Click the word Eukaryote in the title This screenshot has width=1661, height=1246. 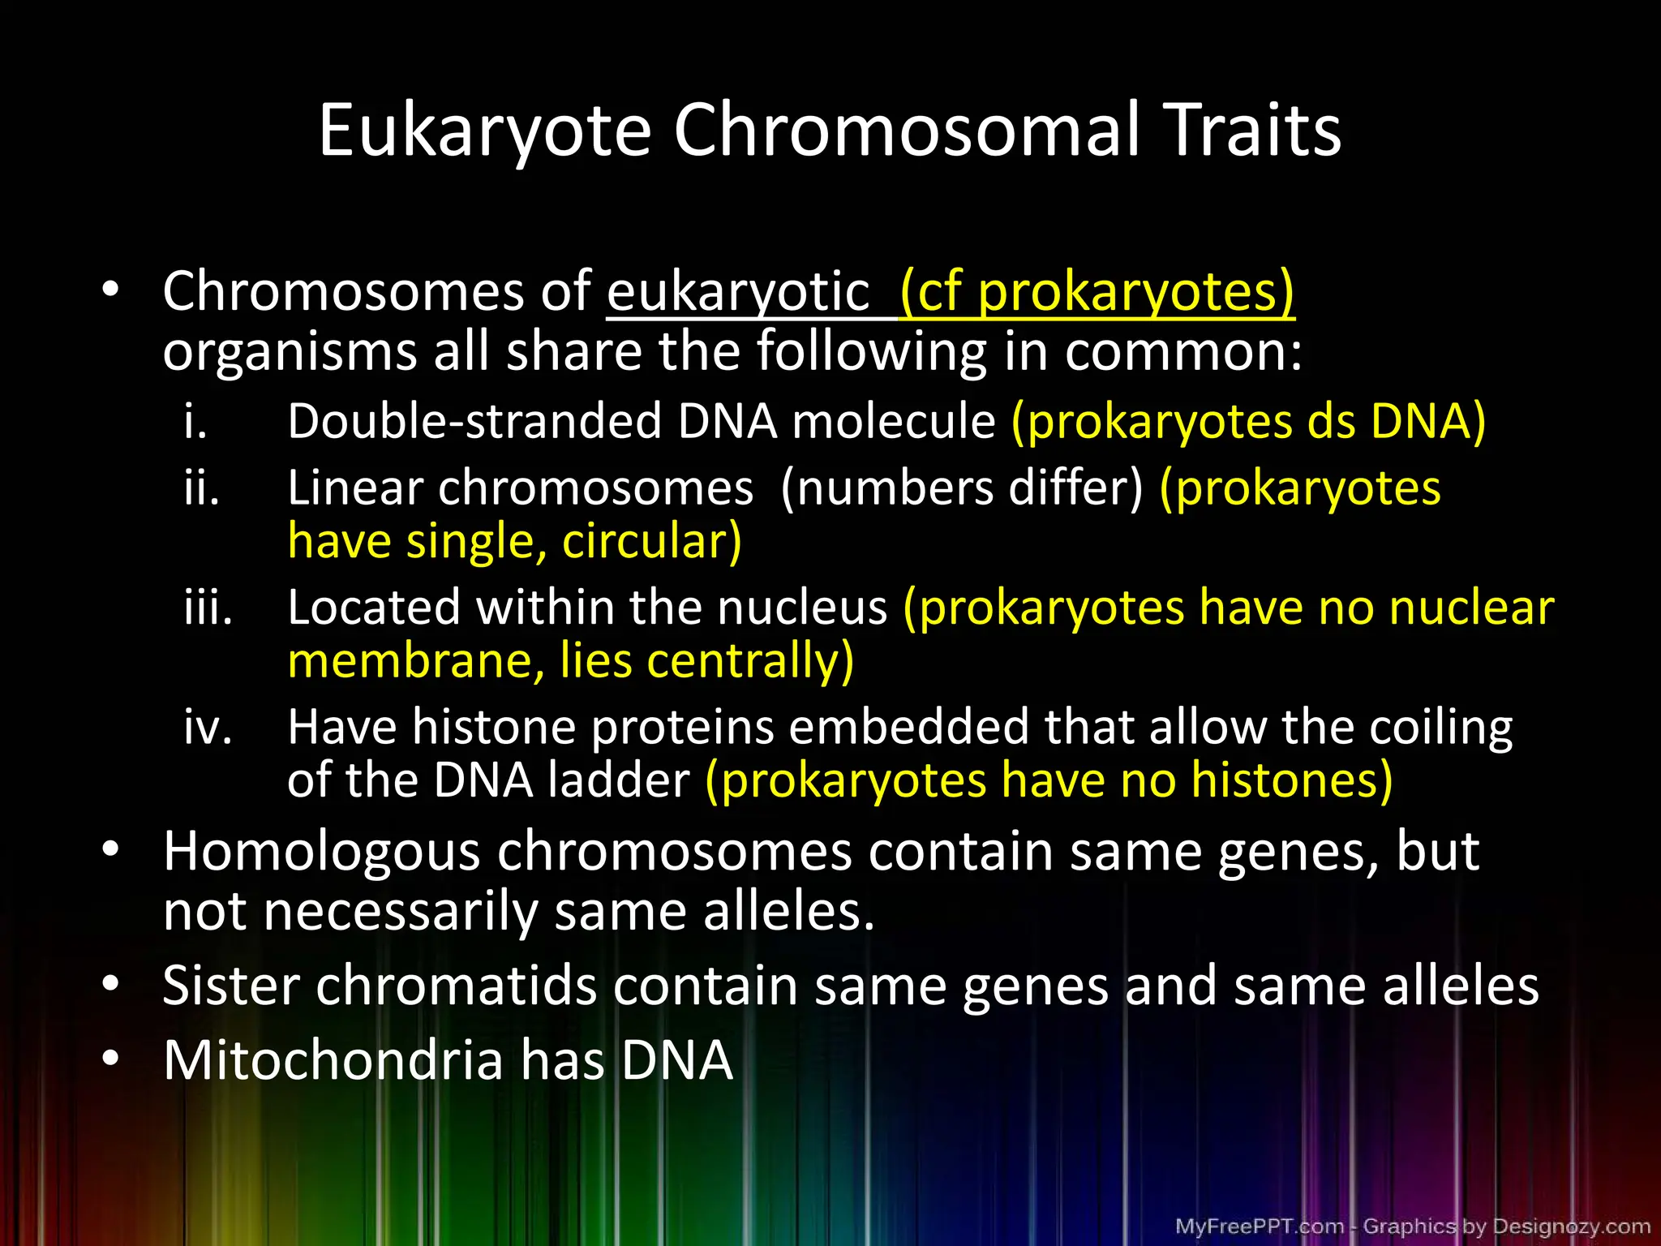point(485,131)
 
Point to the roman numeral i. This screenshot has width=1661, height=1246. point(195,422)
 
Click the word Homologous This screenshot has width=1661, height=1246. point(322,852)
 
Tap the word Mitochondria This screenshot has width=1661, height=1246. point(333,1060)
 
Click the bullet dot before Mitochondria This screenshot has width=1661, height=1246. point(111,1058)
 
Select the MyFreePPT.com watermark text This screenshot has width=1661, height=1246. point(1259,1226)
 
